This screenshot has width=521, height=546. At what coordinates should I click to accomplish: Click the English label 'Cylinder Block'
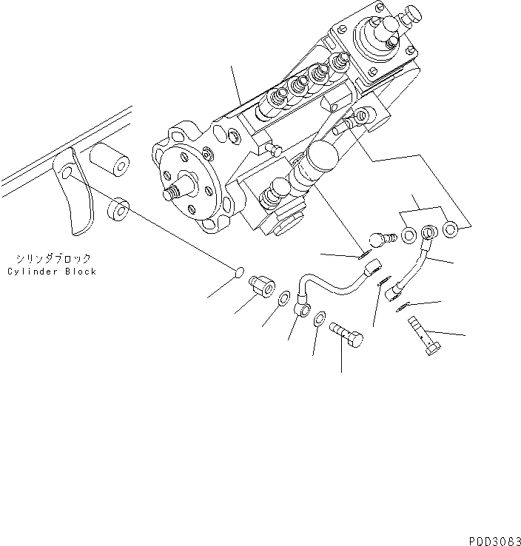(x=52, y=272)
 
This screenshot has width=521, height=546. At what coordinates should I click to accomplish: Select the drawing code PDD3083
(x=492, y=540)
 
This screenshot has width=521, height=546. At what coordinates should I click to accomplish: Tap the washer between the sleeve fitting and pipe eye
(x=284, y=297)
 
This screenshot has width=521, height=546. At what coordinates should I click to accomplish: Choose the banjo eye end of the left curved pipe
(x=303, y=309)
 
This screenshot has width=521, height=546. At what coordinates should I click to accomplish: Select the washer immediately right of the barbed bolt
(x=409, y=237)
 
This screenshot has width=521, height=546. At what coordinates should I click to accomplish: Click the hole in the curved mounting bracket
(x=67, y=173)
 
